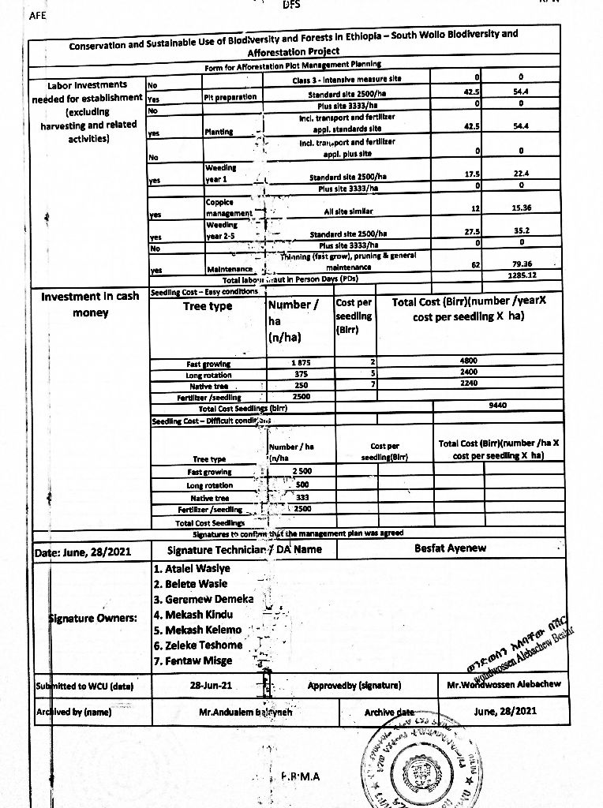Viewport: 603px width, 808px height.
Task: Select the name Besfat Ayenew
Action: (x=450, y=548)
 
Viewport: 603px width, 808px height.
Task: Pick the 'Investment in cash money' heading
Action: (x=90, y=305)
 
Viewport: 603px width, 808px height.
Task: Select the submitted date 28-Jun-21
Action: (x=212, y=685)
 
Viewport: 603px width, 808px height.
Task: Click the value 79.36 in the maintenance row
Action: (x=520, y=264)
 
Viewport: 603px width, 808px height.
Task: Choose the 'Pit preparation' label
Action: (x=230, y=97)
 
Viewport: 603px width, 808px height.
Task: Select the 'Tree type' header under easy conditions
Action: (x=208, y=306)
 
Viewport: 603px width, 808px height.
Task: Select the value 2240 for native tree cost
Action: (x=469, y=383)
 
